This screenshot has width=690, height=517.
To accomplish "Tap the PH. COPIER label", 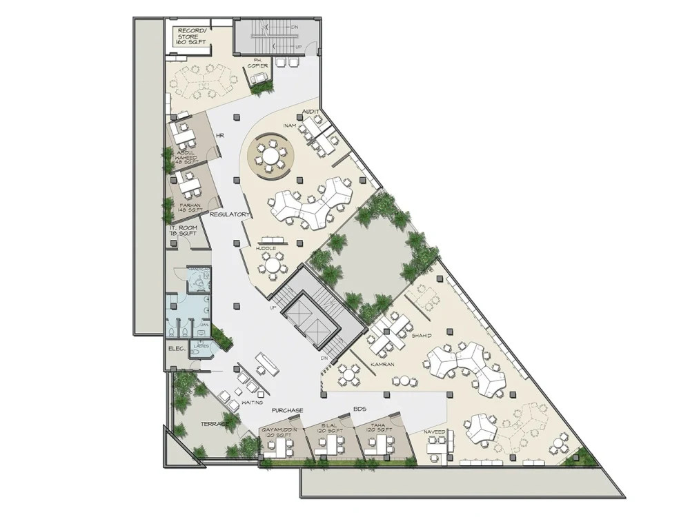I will point(258,63).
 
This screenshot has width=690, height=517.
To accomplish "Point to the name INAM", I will point(290,125).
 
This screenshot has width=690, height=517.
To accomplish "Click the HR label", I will point(221,136).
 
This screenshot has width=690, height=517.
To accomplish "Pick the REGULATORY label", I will point(229,214).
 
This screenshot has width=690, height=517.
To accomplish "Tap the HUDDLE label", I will point(266,247).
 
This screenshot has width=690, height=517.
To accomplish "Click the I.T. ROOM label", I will point(183,230).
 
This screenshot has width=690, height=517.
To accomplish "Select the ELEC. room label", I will point(175,349).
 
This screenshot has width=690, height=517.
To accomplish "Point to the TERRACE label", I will point(215,423).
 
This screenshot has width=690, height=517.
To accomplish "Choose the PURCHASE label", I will point(287,410).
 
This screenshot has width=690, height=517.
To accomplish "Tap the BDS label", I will point(359,409).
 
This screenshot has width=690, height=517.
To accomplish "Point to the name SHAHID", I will point(421,336).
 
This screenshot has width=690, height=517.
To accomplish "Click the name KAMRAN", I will point(382,363).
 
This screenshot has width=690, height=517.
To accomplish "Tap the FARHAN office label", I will point(190,207).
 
